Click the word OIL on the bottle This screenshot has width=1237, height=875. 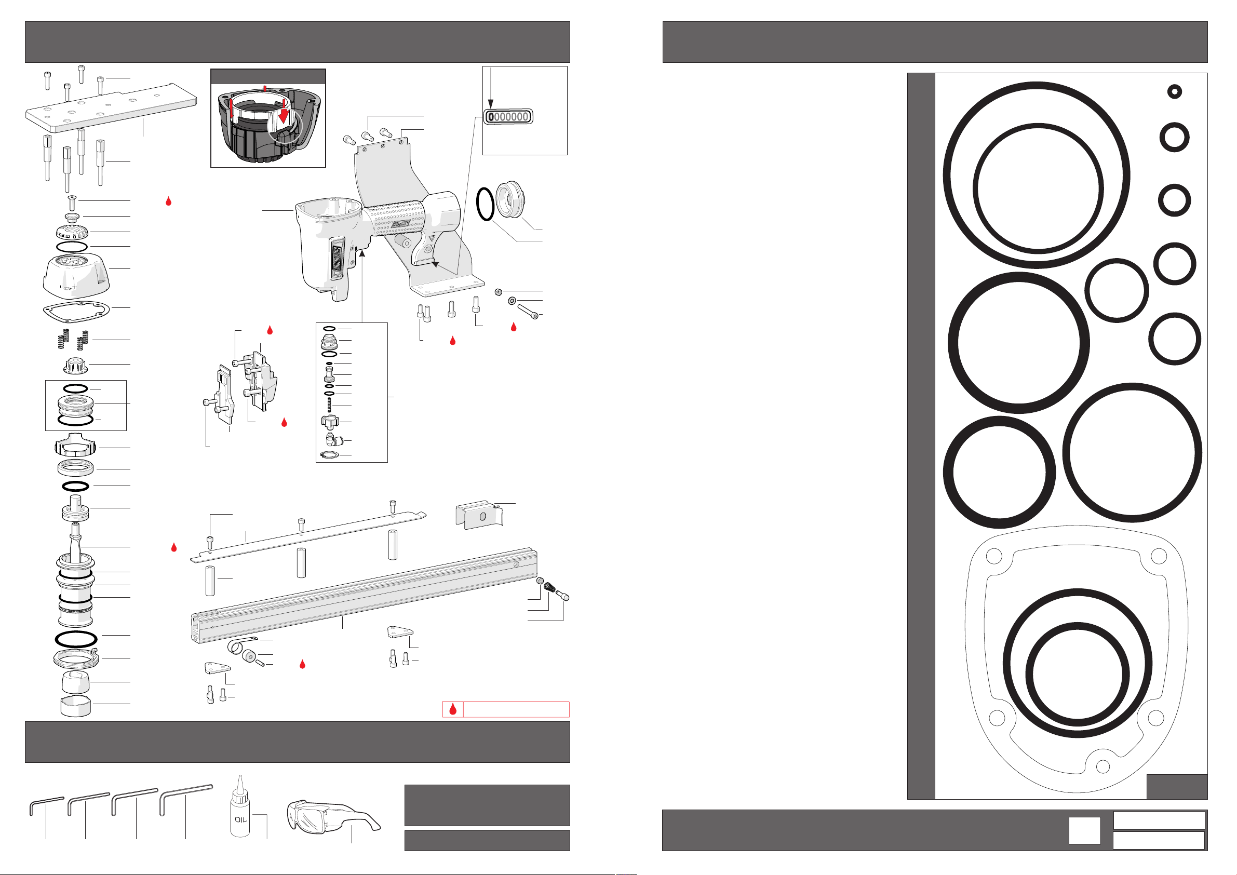pyautogui.click(x=241, y=819)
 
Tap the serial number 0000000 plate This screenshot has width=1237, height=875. pyautogui.click(x=508, y=116)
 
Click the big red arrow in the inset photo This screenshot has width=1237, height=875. pyautogui.click(x=283, y=112)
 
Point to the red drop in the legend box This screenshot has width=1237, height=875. pyautogui.click(x=452, y=708)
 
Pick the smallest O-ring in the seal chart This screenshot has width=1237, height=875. pyautogui.click(x=1175, y=91)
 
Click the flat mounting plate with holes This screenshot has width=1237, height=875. pyautogui.click(x=111, y=108)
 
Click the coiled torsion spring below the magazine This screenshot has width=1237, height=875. pyautogui.click(x=237, y=645)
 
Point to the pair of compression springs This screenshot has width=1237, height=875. pyautogui.click(x=73, y=340)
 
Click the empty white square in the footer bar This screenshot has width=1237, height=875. pyautogui.click(x=1084, y=830)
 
